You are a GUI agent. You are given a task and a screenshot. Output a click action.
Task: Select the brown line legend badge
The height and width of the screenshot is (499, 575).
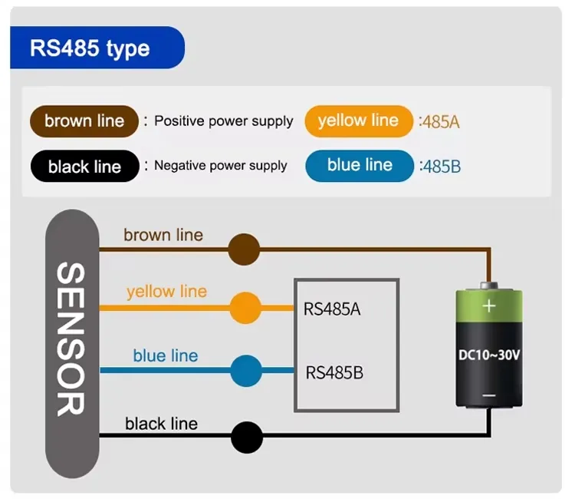click(84, 121)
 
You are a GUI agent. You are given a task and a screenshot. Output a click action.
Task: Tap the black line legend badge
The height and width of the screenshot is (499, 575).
click(84, 167)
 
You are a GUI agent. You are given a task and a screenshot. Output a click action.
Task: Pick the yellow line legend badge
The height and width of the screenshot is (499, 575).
click(359, 121)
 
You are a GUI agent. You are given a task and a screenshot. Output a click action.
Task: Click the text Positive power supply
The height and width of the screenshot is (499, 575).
click(223, 121)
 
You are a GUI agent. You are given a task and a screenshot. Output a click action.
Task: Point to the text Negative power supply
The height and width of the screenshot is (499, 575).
click(221, 166)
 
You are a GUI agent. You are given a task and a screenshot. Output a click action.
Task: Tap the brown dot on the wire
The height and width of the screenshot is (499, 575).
click(245, 249)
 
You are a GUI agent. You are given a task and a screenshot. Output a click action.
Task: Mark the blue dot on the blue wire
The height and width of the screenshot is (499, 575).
click(245, 370)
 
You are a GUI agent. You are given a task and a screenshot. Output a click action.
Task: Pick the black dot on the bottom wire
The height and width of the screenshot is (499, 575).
click(247, 437)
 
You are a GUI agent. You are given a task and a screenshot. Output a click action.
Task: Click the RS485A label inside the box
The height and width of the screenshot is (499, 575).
click(332, 310)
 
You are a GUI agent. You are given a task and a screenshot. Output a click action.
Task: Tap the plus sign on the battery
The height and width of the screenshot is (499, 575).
click(488, 306)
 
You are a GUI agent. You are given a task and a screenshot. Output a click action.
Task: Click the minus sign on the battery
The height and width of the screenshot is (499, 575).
click(488, 397)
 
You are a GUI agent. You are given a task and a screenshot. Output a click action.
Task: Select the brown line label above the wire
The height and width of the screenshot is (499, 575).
click(163, 235)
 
